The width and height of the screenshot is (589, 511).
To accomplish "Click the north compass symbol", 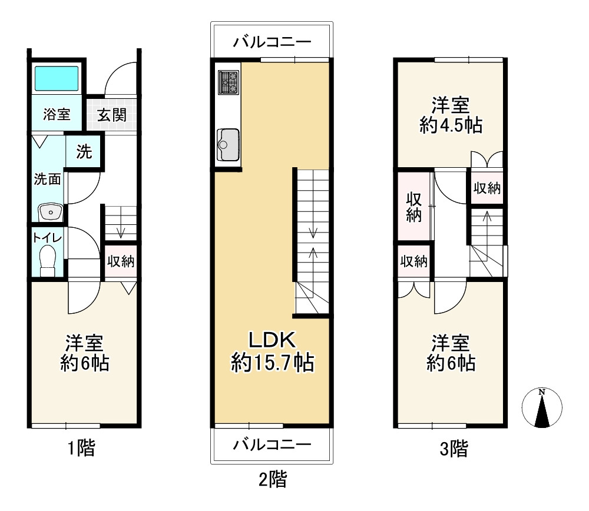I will tap(542, 407).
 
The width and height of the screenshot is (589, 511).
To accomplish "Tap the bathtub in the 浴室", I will tap(56, 78).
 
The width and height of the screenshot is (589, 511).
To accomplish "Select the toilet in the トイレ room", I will tap(47, 259).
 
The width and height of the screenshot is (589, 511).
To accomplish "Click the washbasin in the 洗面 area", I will tap(50, 211).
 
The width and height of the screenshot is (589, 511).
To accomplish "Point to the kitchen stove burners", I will tap(228, 82).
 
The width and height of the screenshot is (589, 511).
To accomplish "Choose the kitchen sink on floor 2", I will tap(228, 142).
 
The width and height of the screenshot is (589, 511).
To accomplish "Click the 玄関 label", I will tap(111, 114).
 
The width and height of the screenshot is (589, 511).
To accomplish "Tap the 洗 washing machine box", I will tap(84, 152).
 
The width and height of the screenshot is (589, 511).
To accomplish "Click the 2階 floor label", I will tap(272, 479).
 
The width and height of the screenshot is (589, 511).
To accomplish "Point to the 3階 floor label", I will tap(454, 450).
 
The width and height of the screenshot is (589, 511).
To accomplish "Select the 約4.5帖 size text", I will tap(451, 125).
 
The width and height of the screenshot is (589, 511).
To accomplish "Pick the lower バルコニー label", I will tap(272, 444).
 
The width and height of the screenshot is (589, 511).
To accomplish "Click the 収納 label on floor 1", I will tap(121, 261).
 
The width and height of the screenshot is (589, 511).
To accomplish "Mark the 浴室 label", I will tap(57, 114).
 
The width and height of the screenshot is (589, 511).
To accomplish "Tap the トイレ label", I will tap(45, 237).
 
